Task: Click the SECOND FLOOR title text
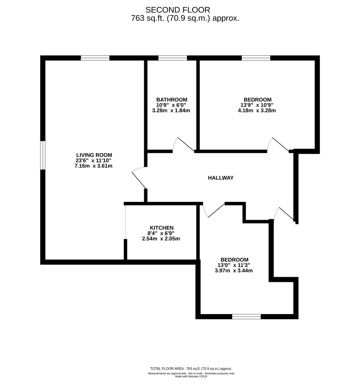(178, 10)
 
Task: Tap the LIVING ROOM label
(94, 155)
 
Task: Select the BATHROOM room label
(171, 100)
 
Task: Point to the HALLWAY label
(221, 178)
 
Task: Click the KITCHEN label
(162, 228)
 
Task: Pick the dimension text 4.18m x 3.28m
(257, 110)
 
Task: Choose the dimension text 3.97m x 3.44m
(234, 271)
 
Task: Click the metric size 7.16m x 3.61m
(93, 166)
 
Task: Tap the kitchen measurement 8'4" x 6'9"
(161, 233)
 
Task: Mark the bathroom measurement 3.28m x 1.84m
(171, 110)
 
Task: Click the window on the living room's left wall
(43, 156)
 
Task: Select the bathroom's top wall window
(173, 58)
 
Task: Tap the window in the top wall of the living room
(95, 58)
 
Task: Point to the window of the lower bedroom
(246, 316)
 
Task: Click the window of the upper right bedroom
(256, 58)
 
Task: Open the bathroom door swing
(183, 144)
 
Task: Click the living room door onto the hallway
(139, 178)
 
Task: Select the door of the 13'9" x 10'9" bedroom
(278, 144)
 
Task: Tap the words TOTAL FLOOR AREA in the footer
(167, 369)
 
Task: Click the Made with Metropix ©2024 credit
(191, 377)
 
